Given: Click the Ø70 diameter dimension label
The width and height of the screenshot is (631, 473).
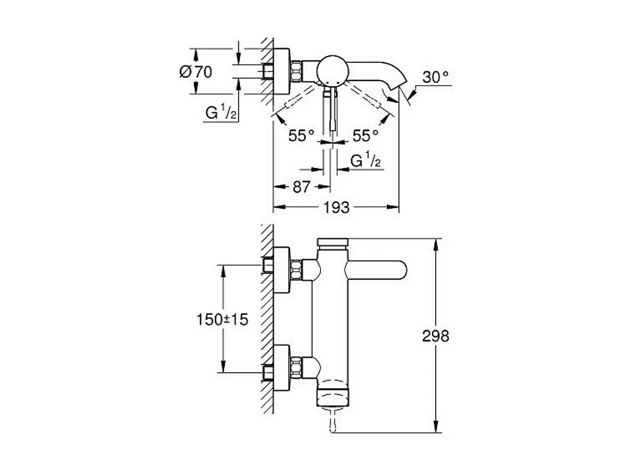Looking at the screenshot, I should point(196,72).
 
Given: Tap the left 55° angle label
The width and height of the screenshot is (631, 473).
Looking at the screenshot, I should point(301,136).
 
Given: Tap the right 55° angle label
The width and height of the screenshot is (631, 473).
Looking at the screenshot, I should point(366,136).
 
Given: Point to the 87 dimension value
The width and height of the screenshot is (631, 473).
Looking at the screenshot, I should point(301,187).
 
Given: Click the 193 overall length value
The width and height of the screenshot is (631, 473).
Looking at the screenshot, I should point(337,207).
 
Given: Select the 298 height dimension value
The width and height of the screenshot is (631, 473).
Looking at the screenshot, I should point(435,336).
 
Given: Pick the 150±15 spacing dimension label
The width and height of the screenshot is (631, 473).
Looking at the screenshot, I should point(222,320).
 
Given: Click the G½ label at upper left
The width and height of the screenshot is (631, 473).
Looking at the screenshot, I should point(221,113).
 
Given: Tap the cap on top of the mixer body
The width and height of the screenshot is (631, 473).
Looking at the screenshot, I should point(332,243).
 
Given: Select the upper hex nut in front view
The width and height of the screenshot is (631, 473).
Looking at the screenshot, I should point(296,270).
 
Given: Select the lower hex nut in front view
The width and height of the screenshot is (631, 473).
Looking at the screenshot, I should point(296,368).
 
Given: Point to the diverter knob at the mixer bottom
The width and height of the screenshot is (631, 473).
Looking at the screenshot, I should point(333,395).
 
